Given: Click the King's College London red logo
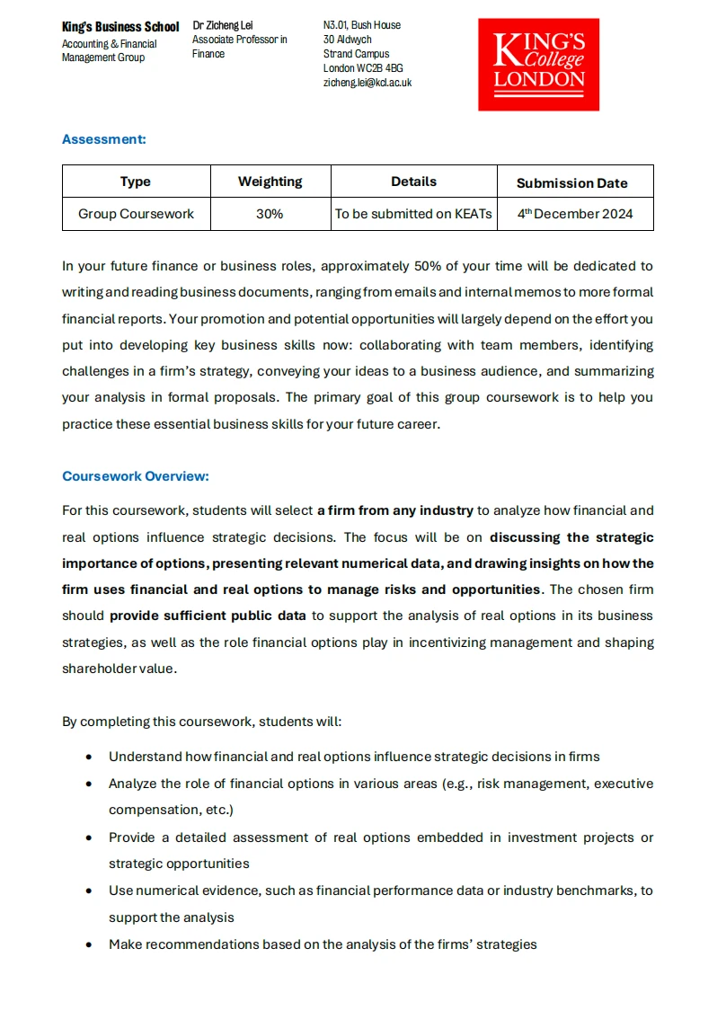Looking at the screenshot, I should click(x=538, y=65).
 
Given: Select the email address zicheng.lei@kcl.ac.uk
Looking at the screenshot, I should click(x=367, y=83).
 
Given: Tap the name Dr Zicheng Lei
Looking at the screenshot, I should click(x=223, y=25).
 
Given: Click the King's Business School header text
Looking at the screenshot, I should click(x=120, y=27).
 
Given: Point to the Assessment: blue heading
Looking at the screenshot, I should click(x=103, y=139).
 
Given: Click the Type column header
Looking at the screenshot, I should click(x=136, y=182).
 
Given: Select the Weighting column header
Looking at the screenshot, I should click(x=270, y=182).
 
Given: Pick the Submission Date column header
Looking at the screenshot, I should click(x=571, y=182).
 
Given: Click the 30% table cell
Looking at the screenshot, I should click(x=270, y=214).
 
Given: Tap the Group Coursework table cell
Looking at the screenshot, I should click(x=136, y=214).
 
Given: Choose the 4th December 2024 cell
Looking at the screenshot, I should click(x=575, y=214).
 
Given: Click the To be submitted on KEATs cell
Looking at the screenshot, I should click(x=413, y=214).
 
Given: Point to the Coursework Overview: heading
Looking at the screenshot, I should click(x=135, y=476).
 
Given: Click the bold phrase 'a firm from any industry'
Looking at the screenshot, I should click(x=394, y=510).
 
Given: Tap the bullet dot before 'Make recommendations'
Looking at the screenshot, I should click(x=88, y=944).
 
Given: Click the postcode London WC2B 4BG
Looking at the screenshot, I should click(x=363, y=68).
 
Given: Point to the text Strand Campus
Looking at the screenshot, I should click(x=356, y=54).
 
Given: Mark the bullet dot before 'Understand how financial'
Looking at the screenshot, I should click(x=88, y=757).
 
